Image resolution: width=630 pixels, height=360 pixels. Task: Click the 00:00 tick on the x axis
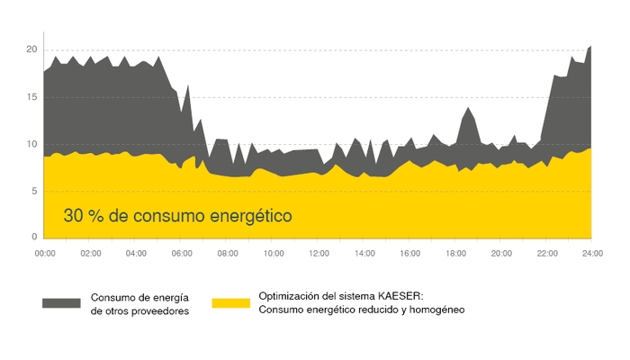45,254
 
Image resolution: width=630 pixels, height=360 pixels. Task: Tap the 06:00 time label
182,254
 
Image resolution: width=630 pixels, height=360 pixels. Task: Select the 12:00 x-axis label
319,254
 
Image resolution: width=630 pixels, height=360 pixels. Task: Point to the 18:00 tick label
455,254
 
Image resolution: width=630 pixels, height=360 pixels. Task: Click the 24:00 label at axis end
591,254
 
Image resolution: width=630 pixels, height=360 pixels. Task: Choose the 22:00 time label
546,254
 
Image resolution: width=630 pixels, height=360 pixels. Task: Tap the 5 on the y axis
33,191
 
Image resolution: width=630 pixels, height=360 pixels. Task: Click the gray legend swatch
61,302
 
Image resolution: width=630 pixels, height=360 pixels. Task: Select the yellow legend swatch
230,302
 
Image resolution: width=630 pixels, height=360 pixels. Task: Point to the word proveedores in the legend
158,310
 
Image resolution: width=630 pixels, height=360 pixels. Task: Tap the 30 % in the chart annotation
80,217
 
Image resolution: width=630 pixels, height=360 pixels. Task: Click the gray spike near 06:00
188,87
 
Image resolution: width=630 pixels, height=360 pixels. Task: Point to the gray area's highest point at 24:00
590,47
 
